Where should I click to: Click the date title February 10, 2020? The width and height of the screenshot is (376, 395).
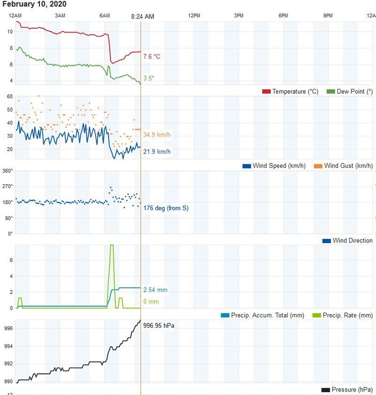[34, 4]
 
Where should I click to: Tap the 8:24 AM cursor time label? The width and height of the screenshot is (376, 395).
[143, 17]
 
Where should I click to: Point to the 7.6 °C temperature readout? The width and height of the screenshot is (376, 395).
[151, 57]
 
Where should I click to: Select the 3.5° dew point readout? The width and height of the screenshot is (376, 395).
[149, 78]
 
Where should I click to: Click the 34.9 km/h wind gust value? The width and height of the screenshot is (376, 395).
[157, 135]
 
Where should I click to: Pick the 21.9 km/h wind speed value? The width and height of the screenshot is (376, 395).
[157, 152]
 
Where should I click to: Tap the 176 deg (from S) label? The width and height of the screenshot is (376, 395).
[166, 208]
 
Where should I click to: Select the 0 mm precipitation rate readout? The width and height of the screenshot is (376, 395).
[151, 302]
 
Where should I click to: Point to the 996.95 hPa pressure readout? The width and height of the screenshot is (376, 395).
[159, 326]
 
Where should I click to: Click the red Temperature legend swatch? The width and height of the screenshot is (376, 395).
[266, 92]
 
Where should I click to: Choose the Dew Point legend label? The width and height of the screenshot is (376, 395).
[354, 92]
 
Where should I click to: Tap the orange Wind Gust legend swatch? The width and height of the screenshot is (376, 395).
[318, 166]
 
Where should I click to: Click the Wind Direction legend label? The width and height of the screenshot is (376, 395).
[352, 241]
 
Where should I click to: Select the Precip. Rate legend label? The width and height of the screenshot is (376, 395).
[348, 316]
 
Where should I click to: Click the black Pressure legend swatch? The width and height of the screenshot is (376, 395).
[326, 390]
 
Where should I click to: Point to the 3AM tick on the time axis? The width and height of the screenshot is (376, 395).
[60, 16]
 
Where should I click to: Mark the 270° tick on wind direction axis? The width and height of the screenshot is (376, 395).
[8, 186]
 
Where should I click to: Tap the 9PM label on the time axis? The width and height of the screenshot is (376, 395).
[328, 16]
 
